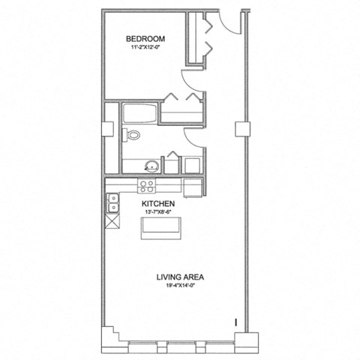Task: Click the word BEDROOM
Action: coord(145,39)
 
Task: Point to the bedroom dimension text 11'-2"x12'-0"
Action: coord(145,49)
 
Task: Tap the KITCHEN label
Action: coord(158,204)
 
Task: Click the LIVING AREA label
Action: coord(180,277)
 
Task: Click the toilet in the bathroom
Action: coord(132,136)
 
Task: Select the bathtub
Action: coord(141,114)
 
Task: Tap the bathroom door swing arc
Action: coord(187,140)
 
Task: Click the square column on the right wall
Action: coord(242,129)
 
